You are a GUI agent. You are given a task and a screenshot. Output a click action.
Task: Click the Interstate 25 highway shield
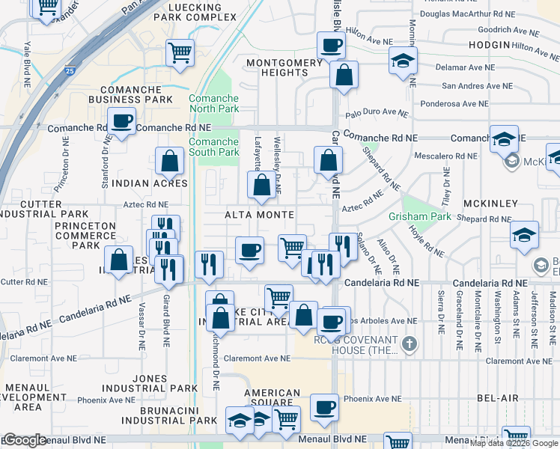tap(70, 71)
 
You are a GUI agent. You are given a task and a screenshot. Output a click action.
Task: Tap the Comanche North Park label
tap(213, 103)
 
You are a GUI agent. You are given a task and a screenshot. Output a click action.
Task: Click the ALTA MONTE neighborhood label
tap(259, 215)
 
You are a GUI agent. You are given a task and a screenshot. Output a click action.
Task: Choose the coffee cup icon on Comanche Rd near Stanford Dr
tap(121, 120)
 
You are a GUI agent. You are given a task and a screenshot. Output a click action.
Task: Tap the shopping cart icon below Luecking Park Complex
tap(180, 52)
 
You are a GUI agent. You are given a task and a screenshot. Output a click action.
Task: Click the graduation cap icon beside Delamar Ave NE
tap(404, 60)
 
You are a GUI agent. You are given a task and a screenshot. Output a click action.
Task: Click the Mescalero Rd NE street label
tap(445, 157)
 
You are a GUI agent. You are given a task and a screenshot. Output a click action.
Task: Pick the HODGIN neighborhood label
tap(489, 46)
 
